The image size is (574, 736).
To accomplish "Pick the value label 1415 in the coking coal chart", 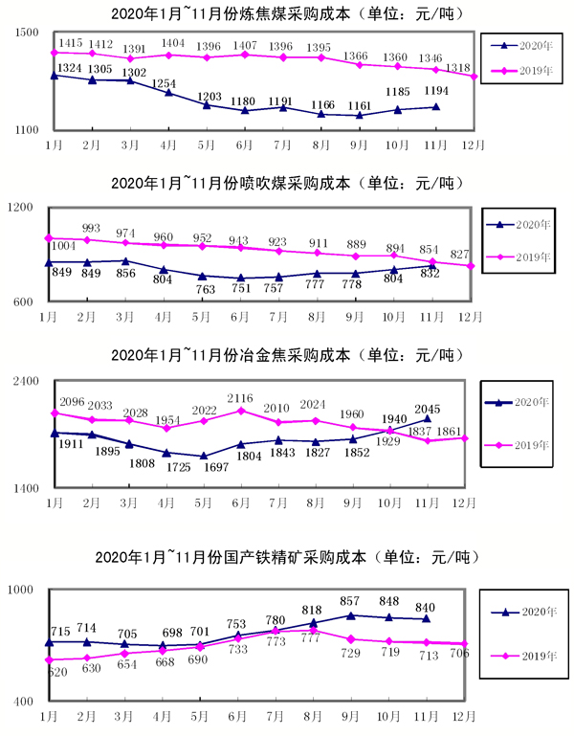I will pyautogui.click(x=72, y=44).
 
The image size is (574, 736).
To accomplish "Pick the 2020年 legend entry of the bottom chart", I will pyautogui.click(x=523, y=613).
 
